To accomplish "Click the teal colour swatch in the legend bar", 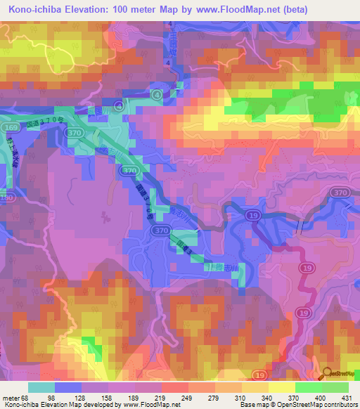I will tap(41, 387).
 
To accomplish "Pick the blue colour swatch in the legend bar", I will tap(68, 387).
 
